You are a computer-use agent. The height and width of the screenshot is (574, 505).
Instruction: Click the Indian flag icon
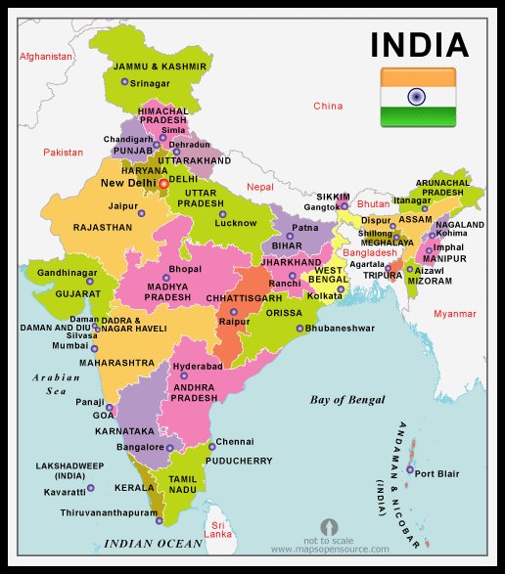pos(418,97)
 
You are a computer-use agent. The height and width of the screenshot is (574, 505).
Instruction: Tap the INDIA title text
pos(419,44)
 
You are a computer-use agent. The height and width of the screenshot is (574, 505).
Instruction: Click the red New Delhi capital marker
pos(162,183)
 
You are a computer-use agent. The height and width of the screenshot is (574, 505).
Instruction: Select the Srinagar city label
pos(150,83)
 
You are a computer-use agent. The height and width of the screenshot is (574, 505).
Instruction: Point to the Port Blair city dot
pos(408,473)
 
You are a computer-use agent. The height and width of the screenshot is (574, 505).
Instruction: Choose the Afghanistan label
pos(46,57)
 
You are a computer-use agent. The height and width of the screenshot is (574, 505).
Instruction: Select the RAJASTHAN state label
pos(103,227)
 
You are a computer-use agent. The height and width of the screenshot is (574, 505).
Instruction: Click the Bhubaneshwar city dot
pos(299,329)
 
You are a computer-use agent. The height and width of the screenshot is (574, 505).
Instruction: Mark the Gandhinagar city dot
pos(90,282)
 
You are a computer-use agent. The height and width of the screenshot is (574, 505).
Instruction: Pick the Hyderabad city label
pos(198,366)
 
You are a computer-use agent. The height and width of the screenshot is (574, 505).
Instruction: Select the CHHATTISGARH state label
pos(244,297)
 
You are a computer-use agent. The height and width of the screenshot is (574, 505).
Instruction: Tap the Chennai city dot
pos(209,447)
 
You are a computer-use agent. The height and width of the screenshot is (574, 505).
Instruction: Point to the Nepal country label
pos(260,186)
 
